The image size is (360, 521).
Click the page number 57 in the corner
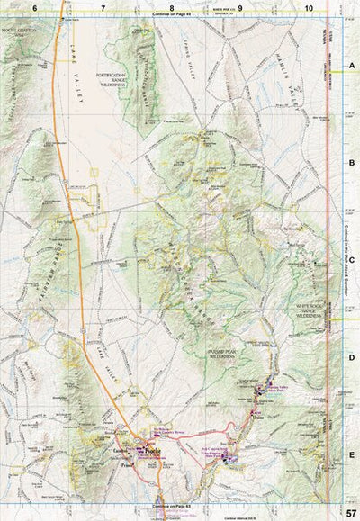pyautogui.click(x=347, y=512)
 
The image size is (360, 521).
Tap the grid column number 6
pyautogui.click(x=35, y=8)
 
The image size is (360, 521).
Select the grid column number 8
pyautogui.click(x=159, y=8)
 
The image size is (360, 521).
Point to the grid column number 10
pyautogui.click(x=309, y=8)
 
